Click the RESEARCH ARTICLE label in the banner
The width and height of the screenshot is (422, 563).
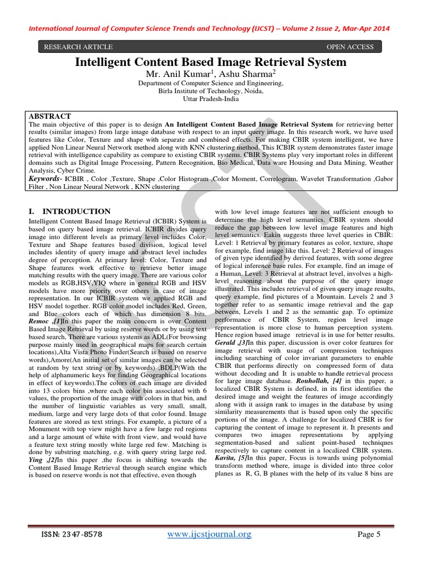point(78,47)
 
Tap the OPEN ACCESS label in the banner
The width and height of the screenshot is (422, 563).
point(349,47)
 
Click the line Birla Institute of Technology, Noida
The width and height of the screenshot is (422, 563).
point(211,92)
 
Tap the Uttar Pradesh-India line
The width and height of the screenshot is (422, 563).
point(211,100)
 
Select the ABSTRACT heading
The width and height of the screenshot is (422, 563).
point(49,117)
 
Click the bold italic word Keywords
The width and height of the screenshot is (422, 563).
point(43,179)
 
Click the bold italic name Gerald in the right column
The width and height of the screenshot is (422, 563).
point(225,342)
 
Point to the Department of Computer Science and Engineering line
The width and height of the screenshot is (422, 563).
point(211,84)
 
